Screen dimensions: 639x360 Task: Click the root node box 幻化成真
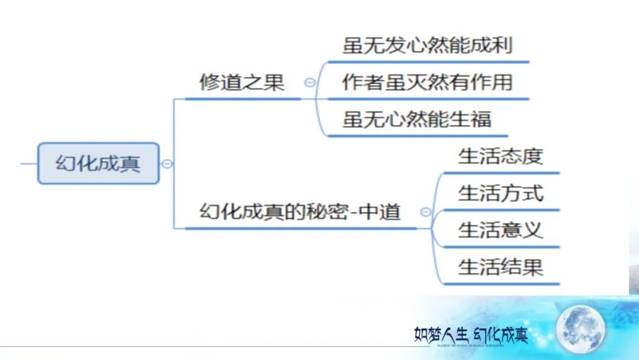pyautogui.click(x=98, y=163)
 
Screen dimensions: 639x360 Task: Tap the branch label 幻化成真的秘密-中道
pyautogui.click(x=300, y=211)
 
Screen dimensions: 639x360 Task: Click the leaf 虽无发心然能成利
pyautogui.click(x=427, y=45)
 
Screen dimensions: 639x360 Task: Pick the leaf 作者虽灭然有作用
pyautogui.click(x=427, y=82)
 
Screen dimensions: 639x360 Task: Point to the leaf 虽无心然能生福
pyautogui.click(x=417, y=119)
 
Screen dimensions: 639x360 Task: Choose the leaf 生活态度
pyautogui.click(x=500, y=156)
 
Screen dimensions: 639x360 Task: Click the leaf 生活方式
pyautogui.click(x=500, y=193)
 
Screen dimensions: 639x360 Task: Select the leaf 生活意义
pyautogui.click(x=500, y=230)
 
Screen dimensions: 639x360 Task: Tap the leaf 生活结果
pyautogui.click(x=500, y=267)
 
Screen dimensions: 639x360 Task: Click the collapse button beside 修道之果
pyautogui.click(x=309, y=83)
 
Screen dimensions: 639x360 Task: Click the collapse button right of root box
pyautogui.click(x=167, y=163)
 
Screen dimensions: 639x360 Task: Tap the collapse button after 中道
pyautogui.click(x=425, y=212)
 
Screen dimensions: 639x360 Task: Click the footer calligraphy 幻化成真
pyautogui.click(x=500, y=335)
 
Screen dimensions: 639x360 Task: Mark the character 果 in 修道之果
pyautogui.click(x=274, y=82)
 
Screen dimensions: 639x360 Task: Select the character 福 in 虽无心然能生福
pyautogui.click(x=481, y=119)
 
